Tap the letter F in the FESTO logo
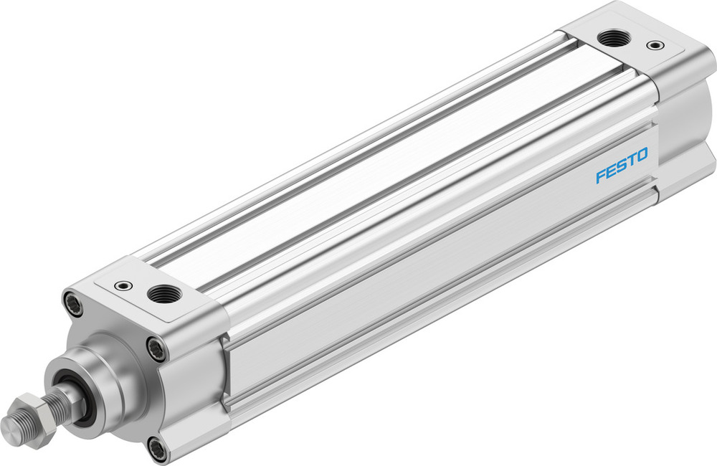[601, 176]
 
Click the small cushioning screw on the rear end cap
[655, 45]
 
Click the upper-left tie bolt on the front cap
[72, 303]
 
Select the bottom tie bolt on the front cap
[158, 450]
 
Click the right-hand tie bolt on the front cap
[156, 349]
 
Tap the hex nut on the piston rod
[32, 414]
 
